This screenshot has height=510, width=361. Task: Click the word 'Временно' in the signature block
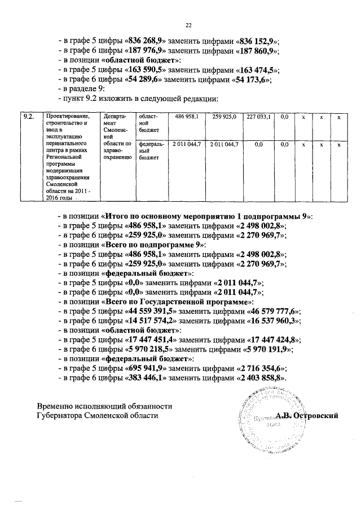pyautogui.click(x=55, y=406)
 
